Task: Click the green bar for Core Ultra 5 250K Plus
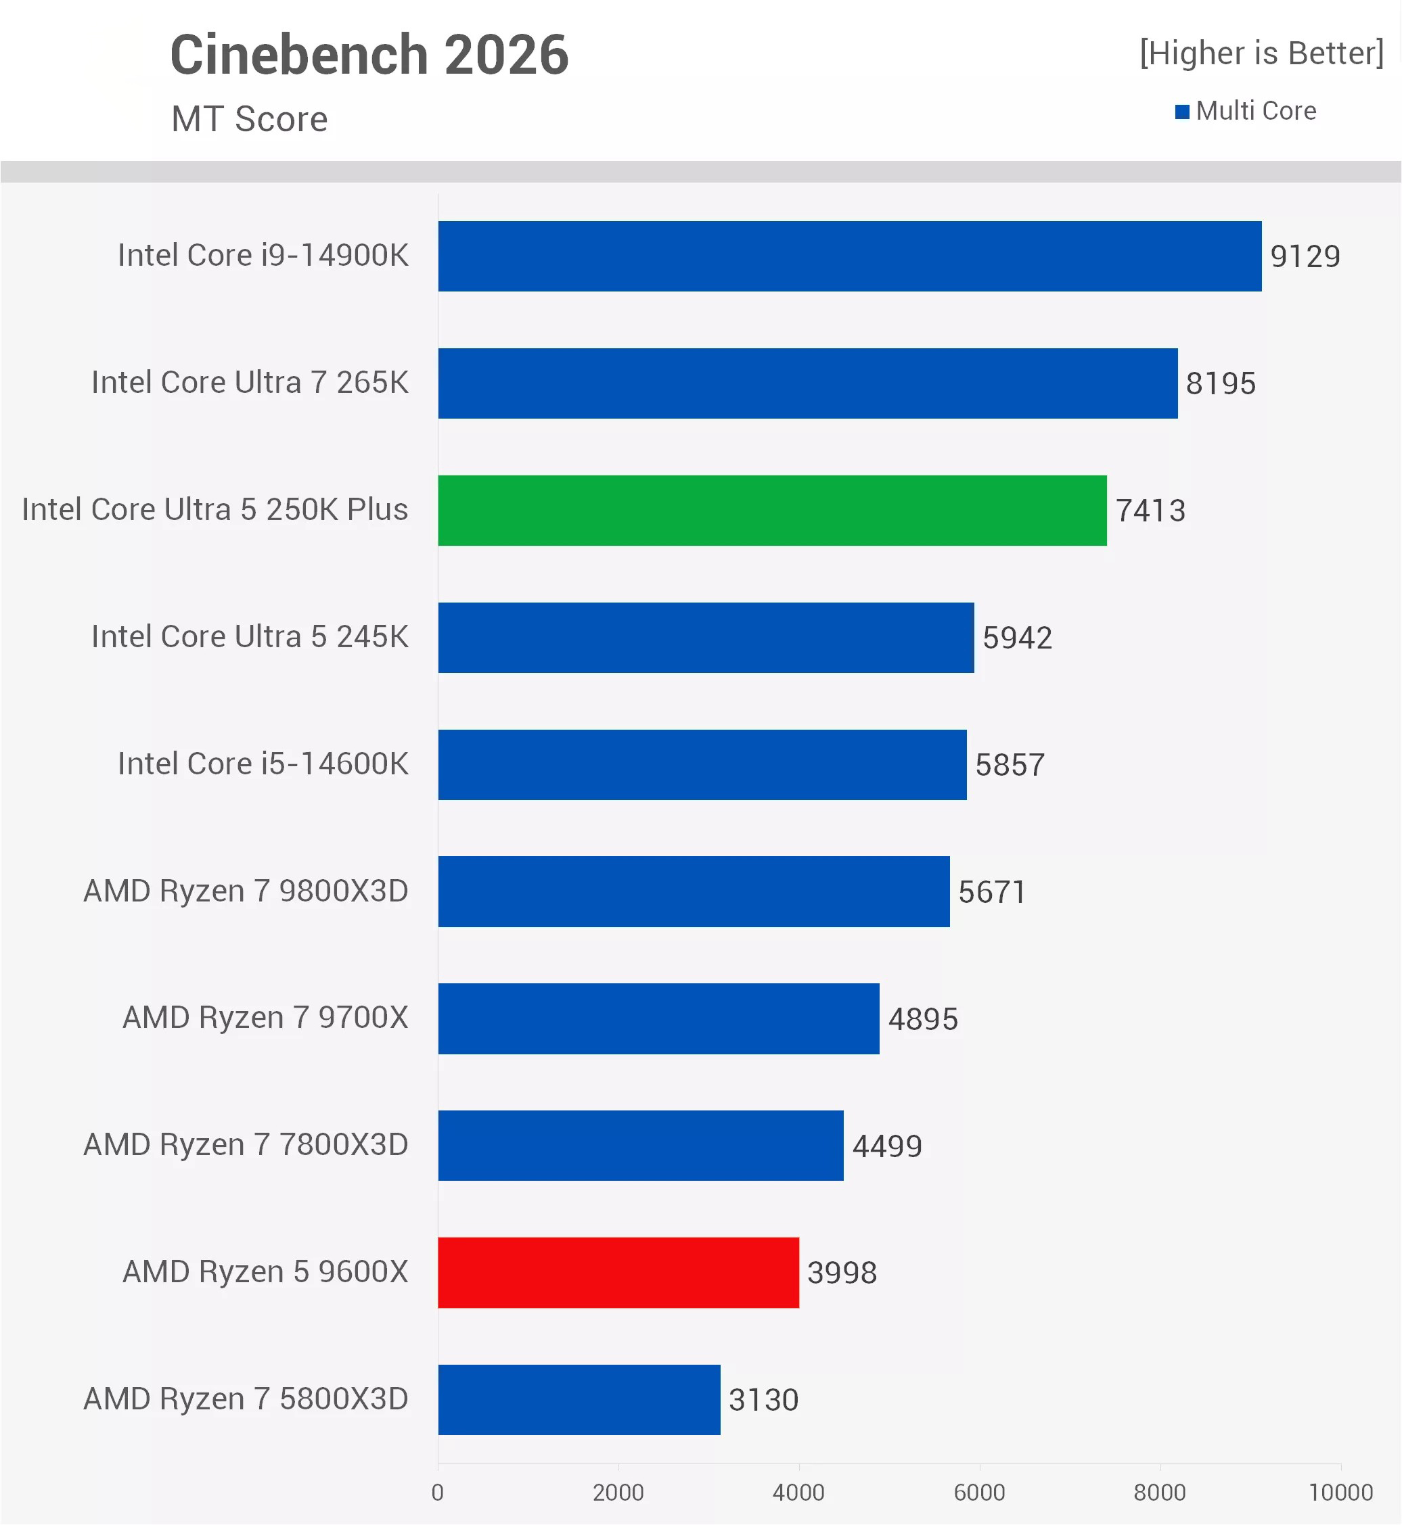click(771, 511)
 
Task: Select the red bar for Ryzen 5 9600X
click(618, 1273)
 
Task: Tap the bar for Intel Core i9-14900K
click(850, 256)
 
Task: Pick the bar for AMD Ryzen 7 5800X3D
click(579, 1399)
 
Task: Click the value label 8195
click(1221, 383)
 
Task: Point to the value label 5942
click(1018, 638)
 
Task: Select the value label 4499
click(887, 1146)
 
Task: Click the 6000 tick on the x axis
click(978, 1493)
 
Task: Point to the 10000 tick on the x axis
click(1340, 1493)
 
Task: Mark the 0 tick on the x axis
click(438, 1493)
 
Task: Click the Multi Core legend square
click(1182, 112)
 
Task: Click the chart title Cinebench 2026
click(369, 55)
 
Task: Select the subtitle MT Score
click(250, 119)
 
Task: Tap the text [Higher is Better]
click(1262, 53)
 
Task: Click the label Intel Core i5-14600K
click(263, 764)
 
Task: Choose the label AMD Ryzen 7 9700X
click(265, 1018)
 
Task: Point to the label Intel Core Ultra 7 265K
click(250, 382)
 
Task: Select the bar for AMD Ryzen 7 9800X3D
click(694, 891)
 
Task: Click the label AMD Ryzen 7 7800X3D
click(246, 1145)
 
